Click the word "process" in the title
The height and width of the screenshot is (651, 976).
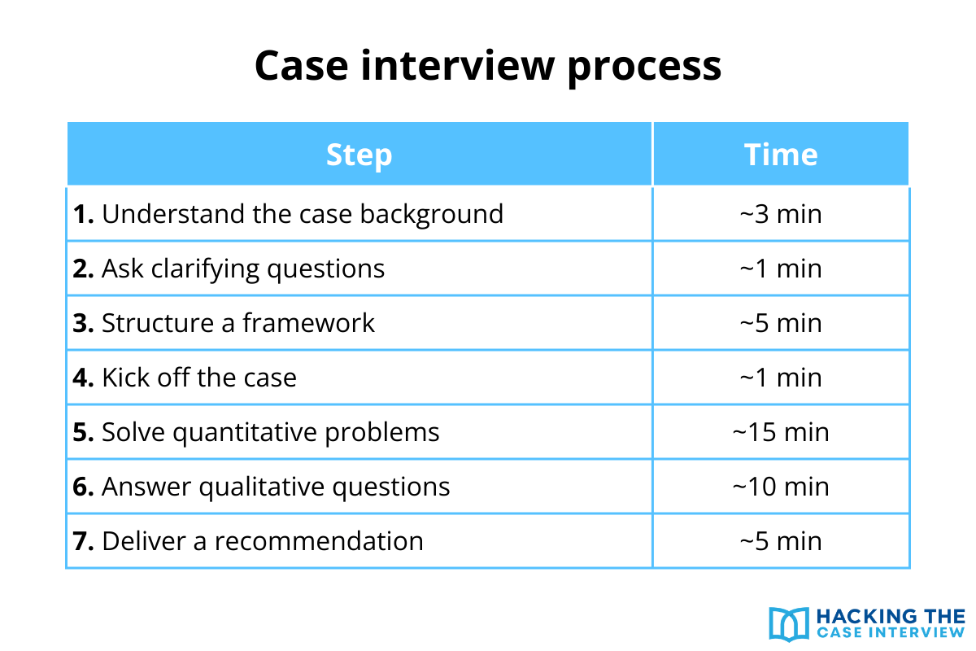643,67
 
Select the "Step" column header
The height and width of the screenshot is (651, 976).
359,155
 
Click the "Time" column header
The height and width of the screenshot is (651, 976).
781,155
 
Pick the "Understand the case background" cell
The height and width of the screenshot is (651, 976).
288,214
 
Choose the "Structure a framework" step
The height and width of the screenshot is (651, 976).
224,323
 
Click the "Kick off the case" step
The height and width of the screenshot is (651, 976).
185,378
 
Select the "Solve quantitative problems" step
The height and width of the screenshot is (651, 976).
256,432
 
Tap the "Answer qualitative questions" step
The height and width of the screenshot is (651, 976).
261,487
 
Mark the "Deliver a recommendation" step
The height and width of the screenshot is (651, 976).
248,541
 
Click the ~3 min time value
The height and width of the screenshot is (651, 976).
781,214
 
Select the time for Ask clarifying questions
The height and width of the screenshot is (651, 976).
781,269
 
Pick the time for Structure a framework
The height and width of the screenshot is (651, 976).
781,323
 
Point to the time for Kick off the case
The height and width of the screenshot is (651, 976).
781,378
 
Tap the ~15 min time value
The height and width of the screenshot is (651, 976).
781,432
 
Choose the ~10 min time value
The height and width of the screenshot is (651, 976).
781,487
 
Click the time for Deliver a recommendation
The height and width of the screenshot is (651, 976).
781,541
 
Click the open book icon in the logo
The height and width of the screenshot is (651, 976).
788,623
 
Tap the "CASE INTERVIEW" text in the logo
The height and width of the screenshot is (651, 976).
890,632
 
